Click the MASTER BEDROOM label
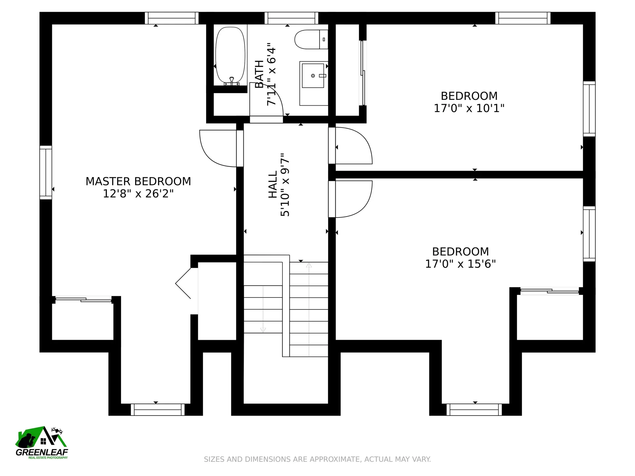138,181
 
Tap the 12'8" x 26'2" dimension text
138,194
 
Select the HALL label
273,184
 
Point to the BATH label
259,74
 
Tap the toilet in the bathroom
311,39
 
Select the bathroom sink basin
313,76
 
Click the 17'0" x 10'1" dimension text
469,108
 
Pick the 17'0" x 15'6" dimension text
460,264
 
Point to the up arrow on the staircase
309,309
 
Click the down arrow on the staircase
263,309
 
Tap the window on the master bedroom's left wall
46,173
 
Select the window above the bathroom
291,18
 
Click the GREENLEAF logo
42,443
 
